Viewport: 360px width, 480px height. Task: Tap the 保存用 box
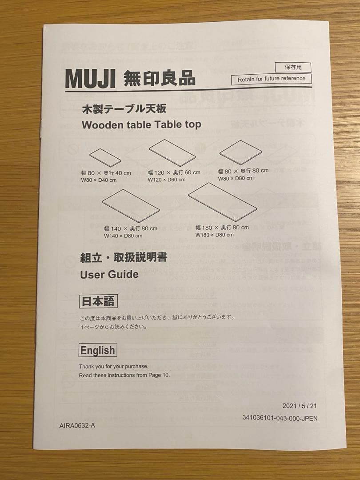pos(293,68)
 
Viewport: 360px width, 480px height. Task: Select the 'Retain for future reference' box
pos(271,79)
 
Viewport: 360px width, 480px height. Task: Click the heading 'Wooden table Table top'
pos(141,124)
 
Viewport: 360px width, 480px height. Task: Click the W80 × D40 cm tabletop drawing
pos(105,157)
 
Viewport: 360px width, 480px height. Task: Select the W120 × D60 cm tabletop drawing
pos(172,152)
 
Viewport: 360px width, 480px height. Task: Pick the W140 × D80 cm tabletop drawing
pos(131,205)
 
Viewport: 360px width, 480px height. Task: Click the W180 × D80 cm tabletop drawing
pos(222,201)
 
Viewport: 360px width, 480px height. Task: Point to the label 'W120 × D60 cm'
pos(167,180)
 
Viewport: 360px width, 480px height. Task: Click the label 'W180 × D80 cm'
pos(214,235)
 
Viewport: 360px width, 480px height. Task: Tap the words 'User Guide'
pos(109,274)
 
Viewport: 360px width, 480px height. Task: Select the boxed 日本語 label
pos(98,302)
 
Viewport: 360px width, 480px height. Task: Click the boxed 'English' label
pos(98,350)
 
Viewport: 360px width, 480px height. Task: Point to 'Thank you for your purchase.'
pos(114,367)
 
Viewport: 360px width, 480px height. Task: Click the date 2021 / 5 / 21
pos(300,406)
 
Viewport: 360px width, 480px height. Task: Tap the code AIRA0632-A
pos(77,425)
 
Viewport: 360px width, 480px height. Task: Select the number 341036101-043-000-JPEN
pos(280,418)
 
